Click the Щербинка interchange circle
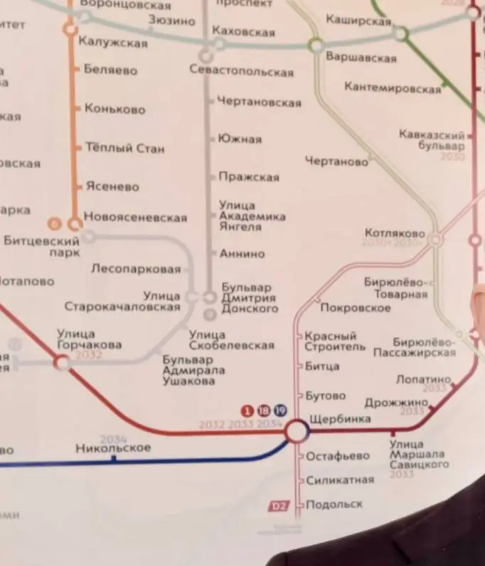(x=297, y=430)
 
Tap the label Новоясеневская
(x=135, y=217)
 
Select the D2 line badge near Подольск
(x=279, y=506)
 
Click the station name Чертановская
(x=259, y=103)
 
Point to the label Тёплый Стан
(x=124, y=149)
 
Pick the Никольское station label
(x=113, y=448)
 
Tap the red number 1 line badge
(x=247, y=409)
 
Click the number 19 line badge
(x=279, y=409)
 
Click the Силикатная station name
(x=340, y=480)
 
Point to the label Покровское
(x=356, y=308)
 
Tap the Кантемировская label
(x=393, y=88)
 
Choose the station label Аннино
(x=242, y=253)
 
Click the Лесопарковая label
(x=136, y=269)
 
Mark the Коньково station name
(x=114, y=110)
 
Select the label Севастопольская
(x=241, y=71)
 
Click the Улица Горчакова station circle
(x=63, y=363)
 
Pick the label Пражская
(x=249, y=177)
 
